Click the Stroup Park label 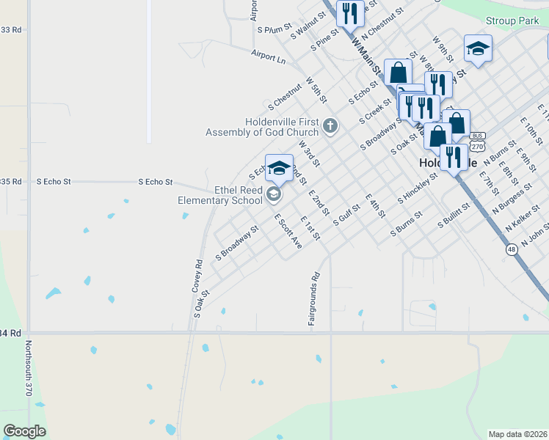pos(511,22)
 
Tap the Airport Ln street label pos(268,56)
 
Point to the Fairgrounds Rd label pos(314,299)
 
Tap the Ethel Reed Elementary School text pos(219,194)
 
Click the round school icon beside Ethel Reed pos(274,194)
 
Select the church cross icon pos(330,127)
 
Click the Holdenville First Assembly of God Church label pos(262,127)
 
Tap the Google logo pos(24,431)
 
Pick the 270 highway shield pos(478,145)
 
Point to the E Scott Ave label pos(288,231)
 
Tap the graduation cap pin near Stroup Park pos(478,48)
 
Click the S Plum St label pos(270,30)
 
